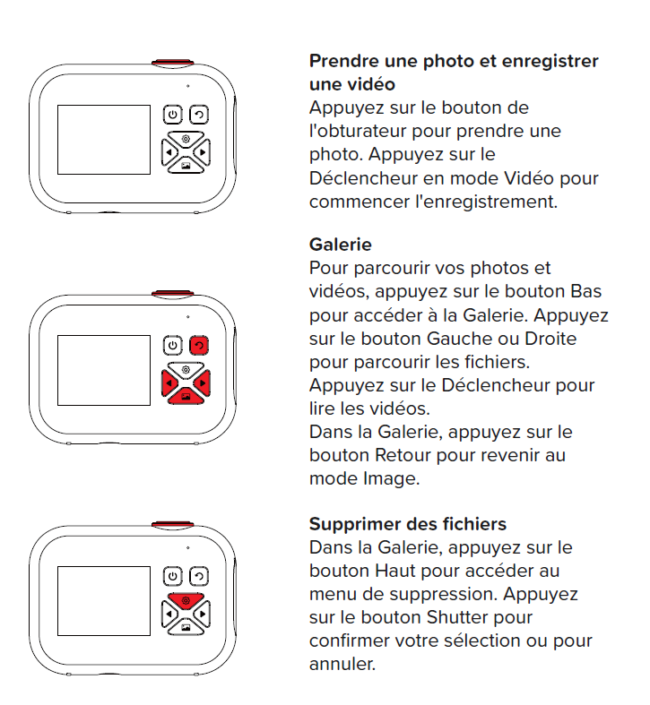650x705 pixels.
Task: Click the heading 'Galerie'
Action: point(341,245)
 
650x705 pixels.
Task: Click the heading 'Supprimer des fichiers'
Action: point(408,524)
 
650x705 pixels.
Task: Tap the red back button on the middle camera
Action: point(199,345)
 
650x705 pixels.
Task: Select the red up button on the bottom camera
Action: point(186,600)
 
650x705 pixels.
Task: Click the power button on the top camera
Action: point(173,115)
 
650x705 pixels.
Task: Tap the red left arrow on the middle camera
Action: point(170,383)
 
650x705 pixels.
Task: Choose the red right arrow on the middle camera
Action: point(202,383)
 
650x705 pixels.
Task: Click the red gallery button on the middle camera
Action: point(186,396)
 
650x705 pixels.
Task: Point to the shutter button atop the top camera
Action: point(173,64)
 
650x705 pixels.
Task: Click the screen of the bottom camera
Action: point(104,601)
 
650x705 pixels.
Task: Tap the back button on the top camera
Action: point(199,115)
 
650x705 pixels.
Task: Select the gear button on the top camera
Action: point(186,139)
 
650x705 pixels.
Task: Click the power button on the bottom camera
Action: point(173,576)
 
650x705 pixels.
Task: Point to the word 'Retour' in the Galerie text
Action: point(403,455)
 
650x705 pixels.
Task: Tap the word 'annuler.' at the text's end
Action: point(342,664)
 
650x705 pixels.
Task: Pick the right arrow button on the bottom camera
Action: point(202,615)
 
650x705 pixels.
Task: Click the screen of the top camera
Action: point(104,140)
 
